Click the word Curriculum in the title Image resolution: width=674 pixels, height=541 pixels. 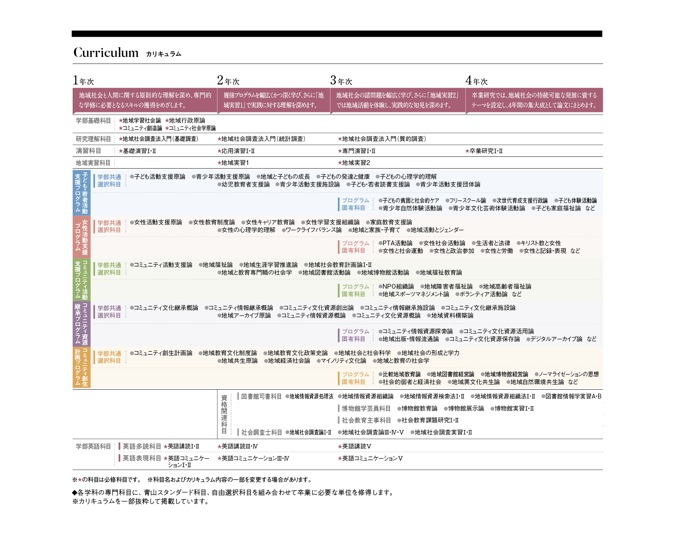pos(106,53)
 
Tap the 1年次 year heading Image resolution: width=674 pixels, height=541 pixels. pos(83,80)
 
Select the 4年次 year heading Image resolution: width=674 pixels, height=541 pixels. pos(476,80)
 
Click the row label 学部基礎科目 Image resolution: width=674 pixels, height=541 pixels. pos(93,120)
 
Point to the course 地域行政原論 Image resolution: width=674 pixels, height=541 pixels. pos(187,120)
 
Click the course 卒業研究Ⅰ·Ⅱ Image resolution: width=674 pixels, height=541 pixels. pos(486,151)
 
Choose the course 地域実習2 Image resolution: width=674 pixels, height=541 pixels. pos(356,163)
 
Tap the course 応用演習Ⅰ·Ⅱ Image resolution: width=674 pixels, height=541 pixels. pos(238,151)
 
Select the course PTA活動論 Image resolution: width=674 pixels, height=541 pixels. pos(397,243)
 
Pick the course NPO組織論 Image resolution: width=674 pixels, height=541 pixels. pos(398,286)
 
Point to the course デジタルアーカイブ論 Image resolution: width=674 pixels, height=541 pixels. pos(556,339)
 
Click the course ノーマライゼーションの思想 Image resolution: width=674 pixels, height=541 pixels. pos(569,374)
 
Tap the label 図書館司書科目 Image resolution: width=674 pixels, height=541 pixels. pos(261,396)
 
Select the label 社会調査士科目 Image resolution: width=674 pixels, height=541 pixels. pos(262,432)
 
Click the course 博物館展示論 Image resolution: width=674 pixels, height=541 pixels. pos(466,408)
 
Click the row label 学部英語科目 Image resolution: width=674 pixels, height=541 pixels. pos(93,446)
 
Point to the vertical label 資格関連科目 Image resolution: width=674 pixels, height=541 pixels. pos(224,414)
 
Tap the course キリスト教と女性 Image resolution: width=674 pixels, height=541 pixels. pos(541,243)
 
